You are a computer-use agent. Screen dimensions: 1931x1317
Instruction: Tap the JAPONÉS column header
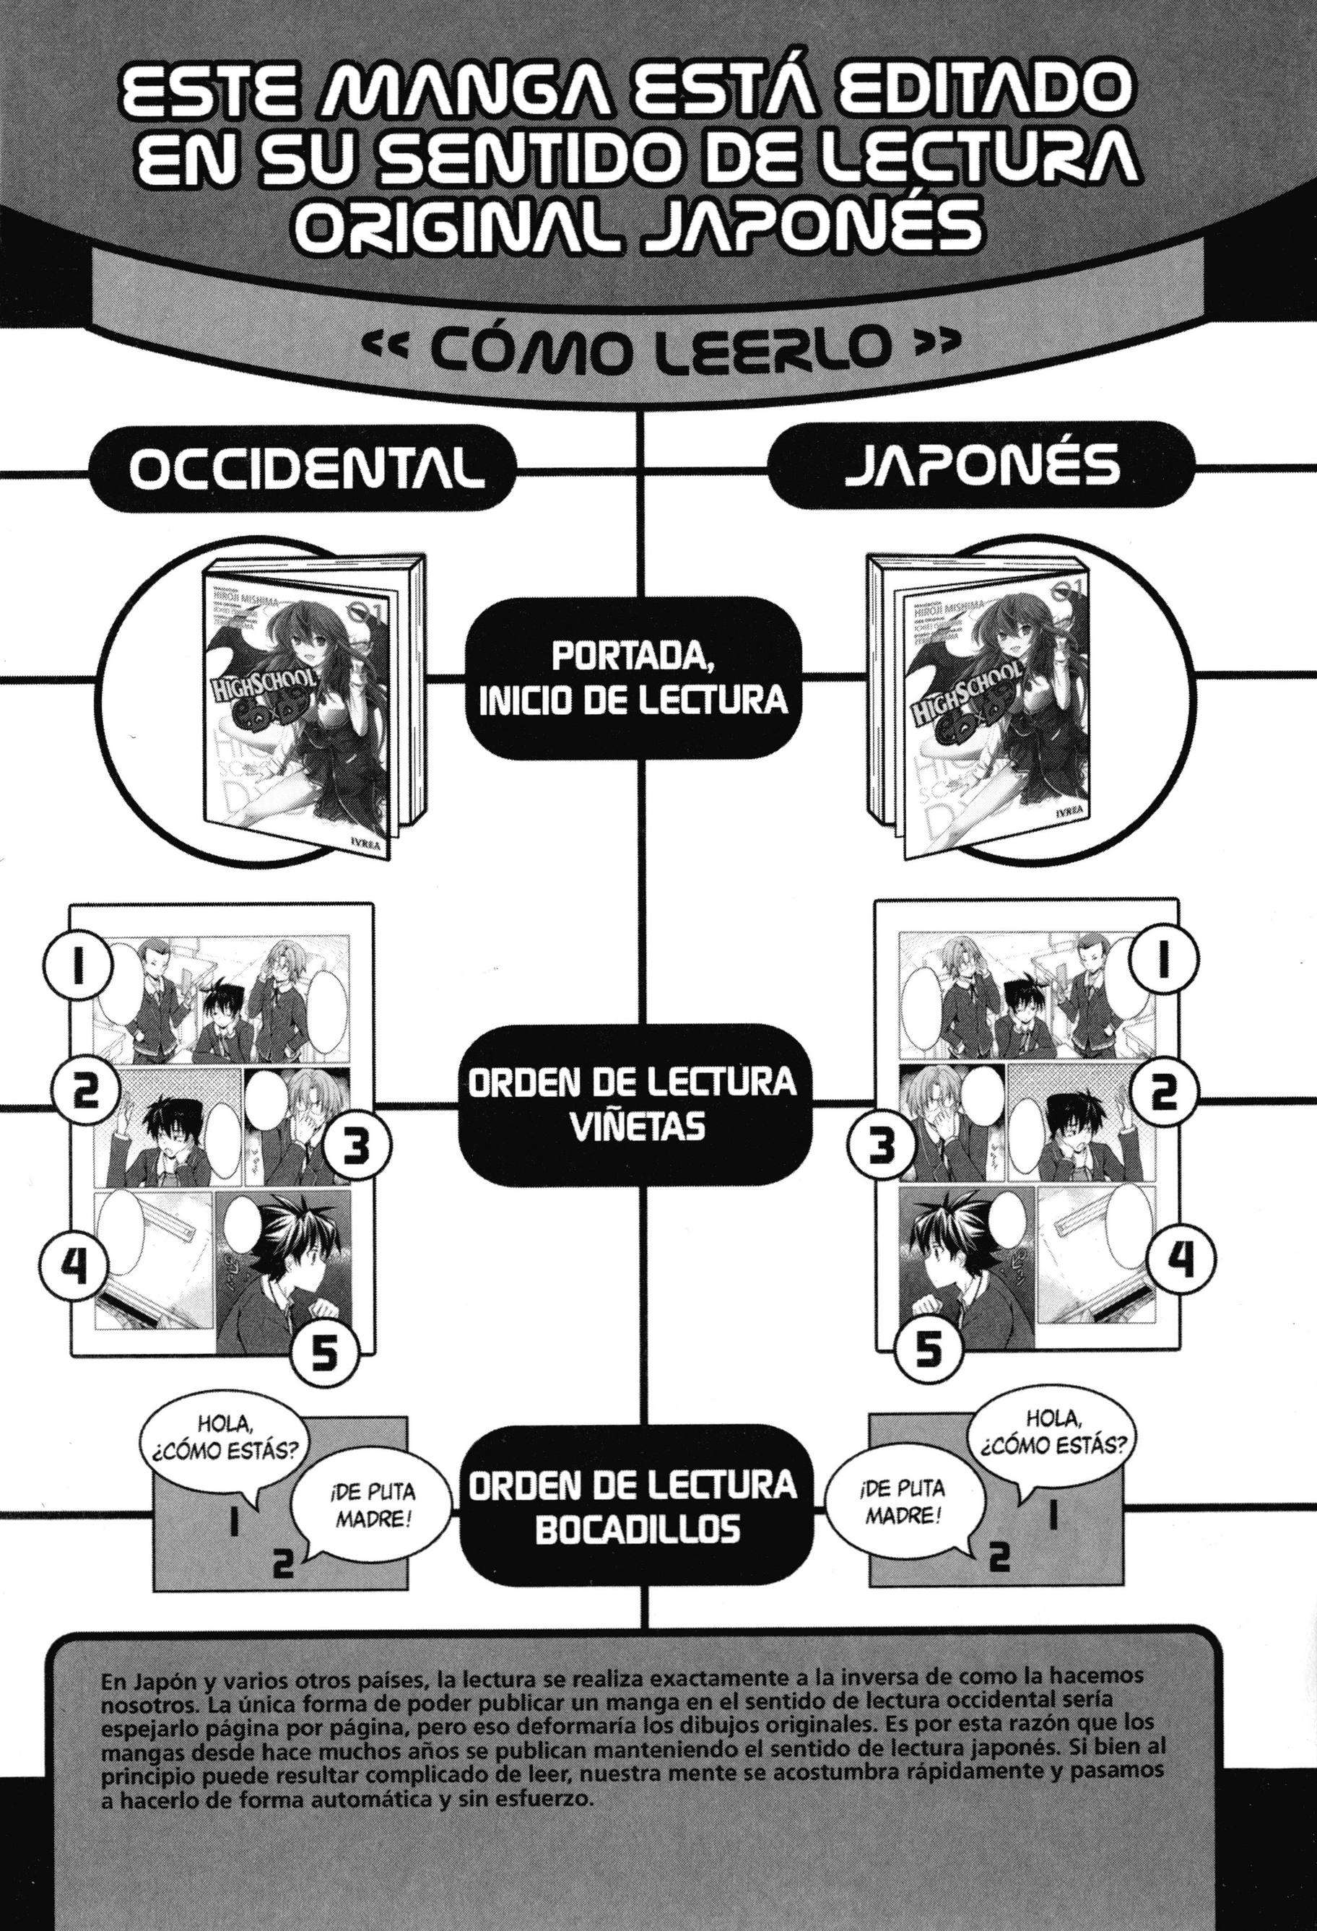tap(981, 470)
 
